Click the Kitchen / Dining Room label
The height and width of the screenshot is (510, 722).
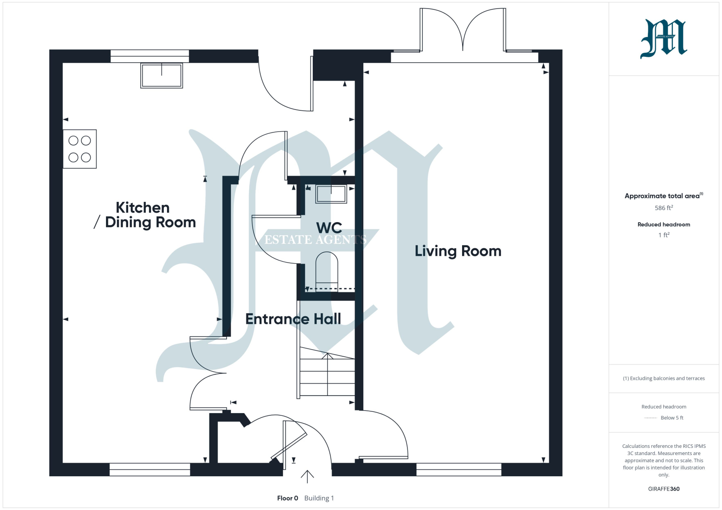(144, 215)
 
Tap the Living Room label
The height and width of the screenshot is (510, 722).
(458, 251)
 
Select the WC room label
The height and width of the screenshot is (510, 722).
(329, 228)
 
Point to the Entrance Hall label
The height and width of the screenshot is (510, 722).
(293, 319)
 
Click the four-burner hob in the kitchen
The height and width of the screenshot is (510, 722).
(79, 149)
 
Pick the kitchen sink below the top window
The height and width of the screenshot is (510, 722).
(162, 75)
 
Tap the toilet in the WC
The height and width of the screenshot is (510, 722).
(327, 270)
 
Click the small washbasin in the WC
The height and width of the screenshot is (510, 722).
(331, 194)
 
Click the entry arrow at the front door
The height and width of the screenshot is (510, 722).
(307, 477)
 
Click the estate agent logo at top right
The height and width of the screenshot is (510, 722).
(663, 39)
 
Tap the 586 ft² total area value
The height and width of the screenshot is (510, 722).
(664, 208)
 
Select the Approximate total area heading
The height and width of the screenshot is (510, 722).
(664, 196)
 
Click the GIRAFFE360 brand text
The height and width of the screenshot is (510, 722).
(664, 489)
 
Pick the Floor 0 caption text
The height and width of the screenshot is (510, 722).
(287, 498)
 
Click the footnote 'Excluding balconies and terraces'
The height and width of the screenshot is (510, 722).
(664, 378)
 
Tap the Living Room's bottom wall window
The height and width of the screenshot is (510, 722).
(458, 469)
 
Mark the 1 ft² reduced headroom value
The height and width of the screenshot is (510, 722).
(664, 235)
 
